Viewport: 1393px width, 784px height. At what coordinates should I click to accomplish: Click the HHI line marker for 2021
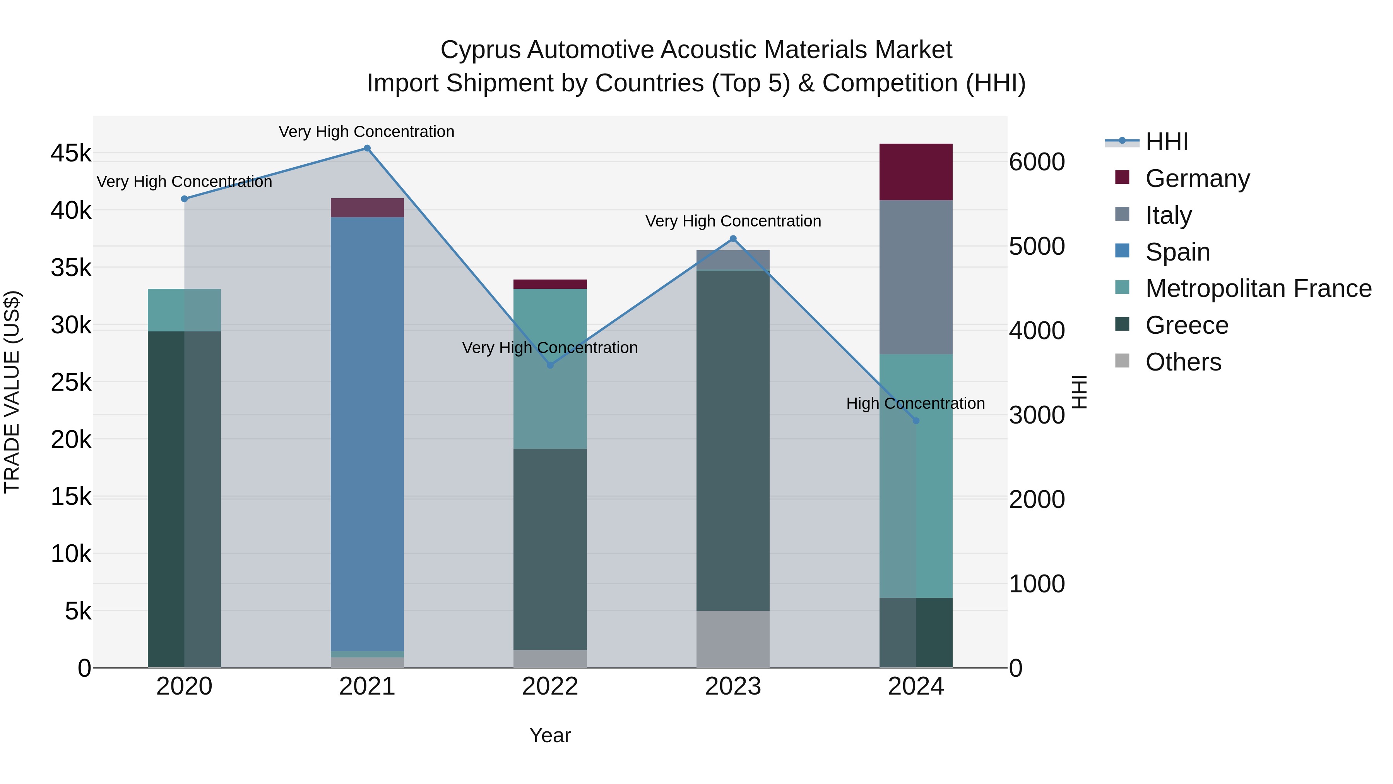pyautogui.click(x=367, y=148)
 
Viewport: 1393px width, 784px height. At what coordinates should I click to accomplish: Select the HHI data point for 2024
pyautogui.click(x=916, y=421)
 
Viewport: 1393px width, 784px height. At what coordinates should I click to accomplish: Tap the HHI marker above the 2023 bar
pyautogui.click(x=733, y=238)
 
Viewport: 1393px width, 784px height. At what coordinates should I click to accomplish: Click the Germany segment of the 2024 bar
pyautogui.click(x=916, y=172)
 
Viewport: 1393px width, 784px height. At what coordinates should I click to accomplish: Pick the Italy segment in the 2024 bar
pyautogui.click(x=916, y=277)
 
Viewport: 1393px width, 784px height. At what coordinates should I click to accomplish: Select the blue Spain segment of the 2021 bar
pyautogui.click(x=367, y=433)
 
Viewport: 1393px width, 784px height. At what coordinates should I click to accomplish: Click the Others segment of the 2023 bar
pyautogui.click(x=733, y=639)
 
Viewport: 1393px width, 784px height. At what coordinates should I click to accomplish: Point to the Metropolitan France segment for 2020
pyautogui.click(x=184, y=310)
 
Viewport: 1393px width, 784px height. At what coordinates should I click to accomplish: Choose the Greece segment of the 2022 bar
pyautogui.click(x=550, y=549)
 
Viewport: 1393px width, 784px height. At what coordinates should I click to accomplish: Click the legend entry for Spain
pyautogui.click(x=1177, y=252)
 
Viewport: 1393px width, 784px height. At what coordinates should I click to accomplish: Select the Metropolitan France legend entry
pyautogui.click(x=1258, y=289)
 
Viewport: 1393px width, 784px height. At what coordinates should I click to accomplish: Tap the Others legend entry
pyautogui.click(x=1183, y=362)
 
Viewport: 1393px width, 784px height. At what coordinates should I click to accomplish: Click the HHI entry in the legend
pyautogui.click(x=1166, y=142)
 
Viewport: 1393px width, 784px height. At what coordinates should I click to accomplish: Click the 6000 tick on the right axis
pyautogui.click(x=1037, y=162)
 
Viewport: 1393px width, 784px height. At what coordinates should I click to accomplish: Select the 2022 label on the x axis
pyautogui.click(x=550, y=686)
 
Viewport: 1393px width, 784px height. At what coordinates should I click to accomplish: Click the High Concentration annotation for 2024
pyautogui.click(x=916, y=404)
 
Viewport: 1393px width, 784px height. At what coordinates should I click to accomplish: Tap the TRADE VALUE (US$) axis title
pyautogui.click(x=12, y=392)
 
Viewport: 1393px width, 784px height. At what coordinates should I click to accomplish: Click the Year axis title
pyautogui.click(x=550, y=735)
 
